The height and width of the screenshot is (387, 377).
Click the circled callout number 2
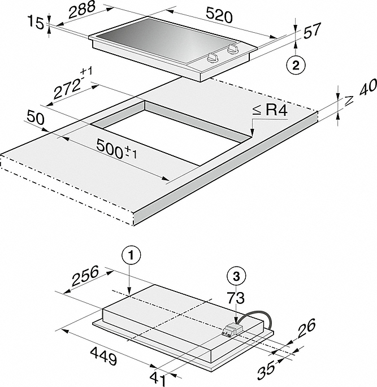point(295,64)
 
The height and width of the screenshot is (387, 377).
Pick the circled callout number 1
point(130,256)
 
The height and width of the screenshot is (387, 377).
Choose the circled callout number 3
point(236,276)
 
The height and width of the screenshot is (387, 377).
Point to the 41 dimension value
point(161,375)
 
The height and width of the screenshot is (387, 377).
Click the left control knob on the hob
point(213,56)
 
